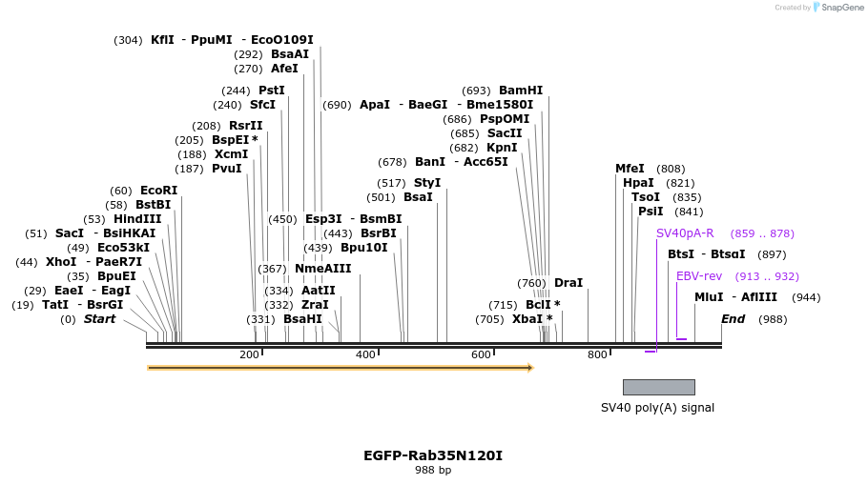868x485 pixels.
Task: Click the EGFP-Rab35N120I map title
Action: click(433, 455)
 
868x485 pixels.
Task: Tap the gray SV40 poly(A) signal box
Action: click(658, 387)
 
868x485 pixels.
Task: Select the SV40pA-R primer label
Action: click(685, 233)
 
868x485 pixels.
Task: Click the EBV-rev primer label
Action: click(699, 276)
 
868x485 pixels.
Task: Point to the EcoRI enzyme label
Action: click(158, 191)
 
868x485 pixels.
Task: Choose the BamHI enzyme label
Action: click(521, 91)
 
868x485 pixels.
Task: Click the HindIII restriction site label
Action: click(137, 219)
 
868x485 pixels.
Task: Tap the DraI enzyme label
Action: click(568, 283)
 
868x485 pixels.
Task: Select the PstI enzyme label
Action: click(272, 91)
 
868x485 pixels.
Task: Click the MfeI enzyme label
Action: click(630, 169)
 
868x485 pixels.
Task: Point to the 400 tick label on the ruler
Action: click(365, 355)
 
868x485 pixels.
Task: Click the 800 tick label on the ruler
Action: click(597, 355)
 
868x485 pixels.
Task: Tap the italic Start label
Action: click(99, 319)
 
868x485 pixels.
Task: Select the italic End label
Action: click(734, 319)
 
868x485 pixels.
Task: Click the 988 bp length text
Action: click(433, 470)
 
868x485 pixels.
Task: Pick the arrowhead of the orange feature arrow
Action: click(529, 367)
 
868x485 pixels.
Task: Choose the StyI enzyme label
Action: click(427, 183)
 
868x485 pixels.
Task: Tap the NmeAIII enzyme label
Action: click(322, 269)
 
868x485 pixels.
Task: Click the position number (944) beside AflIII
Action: click(806, 297)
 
